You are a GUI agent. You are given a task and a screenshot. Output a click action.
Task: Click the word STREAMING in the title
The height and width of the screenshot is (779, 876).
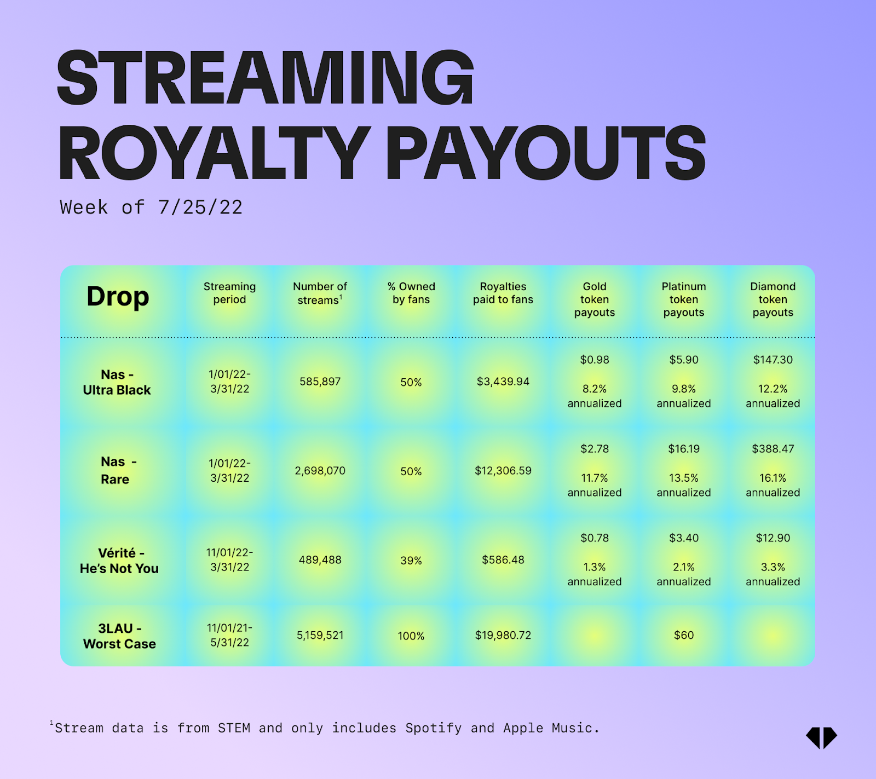click(266, 77)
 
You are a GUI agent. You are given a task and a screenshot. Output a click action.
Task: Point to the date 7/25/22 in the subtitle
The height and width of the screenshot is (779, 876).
click(200, 207)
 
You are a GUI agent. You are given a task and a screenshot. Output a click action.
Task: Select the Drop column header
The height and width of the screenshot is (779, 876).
click(118, 297)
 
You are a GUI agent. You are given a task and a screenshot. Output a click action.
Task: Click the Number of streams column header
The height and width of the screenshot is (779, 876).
click(320, 293)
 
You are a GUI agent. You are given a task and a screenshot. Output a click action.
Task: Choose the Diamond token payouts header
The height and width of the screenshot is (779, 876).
click(773, 299)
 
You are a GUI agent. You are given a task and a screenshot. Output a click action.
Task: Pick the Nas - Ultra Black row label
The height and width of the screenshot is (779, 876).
click(117, 382)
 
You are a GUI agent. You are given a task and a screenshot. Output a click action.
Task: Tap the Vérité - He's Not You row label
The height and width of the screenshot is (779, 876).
click(119, 561)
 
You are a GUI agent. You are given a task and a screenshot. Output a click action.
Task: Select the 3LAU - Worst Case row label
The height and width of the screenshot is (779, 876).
click(119, 636)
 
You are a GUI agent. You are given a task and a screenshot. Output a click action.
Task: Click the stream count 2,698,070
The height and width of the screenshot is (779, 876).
click(320, 471)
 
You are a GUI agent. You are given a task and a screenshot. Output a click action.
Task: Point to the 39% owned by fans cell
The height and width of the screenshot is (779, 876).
click(411, 561)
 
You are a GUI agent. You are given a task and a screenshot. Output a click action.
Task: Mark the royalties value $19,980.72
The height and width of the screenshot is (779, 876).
click(503, 635)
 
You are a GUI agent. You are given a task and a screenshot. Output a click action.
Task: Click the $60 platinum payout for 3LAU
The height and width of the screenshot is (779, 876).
click(684, 635)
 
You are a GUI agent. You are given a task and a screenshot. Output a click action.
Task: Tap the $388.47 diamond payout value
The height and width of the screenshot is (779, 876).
click(773, 449)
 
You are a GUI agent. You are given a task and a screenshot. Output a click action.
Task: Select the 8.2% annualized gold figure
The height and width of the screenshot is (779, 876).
click(595, 396)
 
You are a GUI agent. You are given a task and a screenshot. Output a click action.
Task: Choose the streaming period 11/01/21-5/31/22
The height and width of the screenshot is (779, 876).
click(230, 635)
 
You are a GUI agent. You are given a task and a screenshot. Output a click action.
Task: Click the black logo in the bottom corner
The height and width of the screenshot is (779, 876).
click(821, 737)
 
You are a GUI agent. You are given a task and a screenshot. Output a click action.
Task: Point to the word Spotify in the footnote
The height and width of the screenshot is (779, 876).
click(433, 728)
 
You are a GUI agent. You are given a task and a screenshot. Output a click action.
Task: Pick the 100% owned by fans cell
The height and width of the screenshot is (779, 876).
click(411, 636)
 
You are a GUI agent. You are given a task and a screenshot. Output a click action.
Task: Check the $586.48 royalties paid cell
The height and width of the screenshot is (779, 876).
click(503, 560)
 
